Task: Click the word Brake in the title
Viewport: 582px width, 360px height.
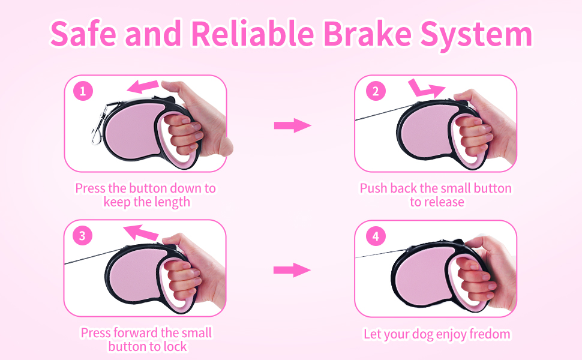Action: point(367,34)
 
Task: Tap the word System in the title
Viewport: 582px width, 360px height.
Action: point(476,35)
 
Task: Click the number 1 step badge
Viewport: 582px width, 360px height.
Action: point(83,91)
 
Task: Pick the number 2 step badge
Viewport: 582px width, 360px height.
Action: point(376,91)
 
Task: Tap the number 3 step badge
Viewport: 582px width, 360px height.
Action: point(82,235)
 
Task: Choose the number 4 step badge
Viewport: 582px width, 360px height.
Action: point(376,236)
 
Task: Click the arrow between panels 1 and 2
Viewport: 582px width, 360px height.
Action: point(292,125)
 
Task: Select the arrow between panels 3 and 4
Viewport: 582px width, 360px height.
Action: point(292,270)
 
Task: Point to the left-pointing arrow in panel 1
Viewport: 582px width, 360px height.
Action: point(143,87)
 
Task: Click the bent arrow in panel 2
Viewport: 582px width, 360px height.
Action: point(426,88)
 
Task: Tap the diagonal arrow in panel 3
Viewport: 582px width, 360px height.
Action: point(141,232)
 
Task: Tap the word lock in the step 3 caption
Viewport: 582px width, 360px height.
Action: point(174,347)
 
